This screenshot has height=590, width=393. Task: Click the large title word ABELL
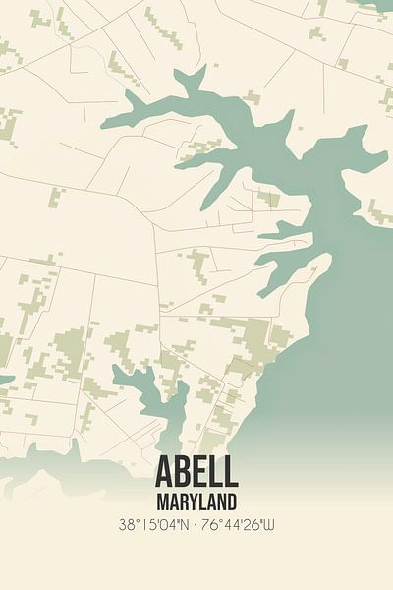tap(196, 472)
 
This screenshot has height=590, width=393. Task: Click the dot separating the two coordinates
tap(196, 525)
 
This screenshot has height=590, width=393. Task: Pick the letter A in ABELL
tap(164, 472)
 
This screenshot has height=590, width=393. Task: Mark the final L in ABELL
tap(230, 472)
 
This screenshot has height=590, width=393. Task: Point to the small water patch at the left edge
tap(5, 380)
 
